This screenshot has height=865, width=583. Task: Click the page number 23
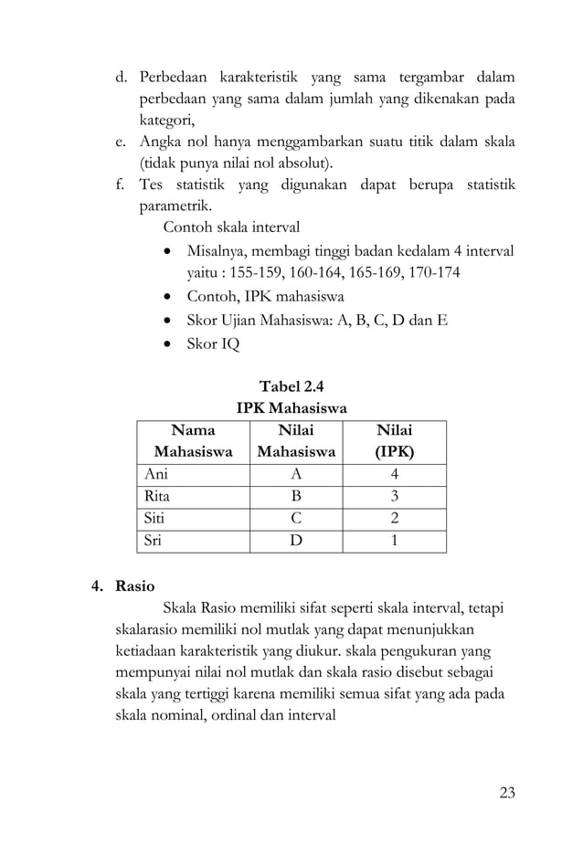point(506,792)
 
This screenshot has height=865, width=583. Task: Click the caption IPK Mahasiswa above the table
point(291,407)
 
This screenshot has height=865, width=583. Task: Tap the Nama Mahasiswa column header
point(193,440)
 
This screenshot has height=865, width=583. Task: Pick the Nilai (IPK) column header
point(394,440)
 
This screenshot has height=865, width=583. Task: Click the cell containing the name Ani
point(157,475)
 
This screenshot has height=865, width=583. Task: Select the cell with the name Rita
point(158,497)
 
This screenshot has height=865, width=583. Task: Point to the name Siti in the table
point(157,519)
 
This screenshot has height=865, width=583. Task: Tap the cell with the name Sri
point(155,541)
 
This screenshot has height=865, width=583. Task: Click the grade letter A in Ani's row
point(296,475)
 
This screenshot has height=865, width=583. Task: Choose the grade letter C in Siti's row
point(296,519)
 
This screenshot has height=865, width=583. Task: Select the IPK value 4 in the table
point(394,475)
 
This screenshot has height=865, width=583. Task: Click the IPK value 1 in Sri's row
point(394,541)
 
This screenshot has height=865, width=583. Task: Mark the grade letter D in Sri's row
point(296,541)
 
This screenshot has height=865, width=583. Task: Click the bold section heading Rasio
point(135,585)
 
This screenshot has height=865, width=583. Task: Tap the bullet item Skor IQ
point(213,344)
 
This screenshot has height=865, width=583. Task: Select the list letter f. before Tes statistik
point(119,186)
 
